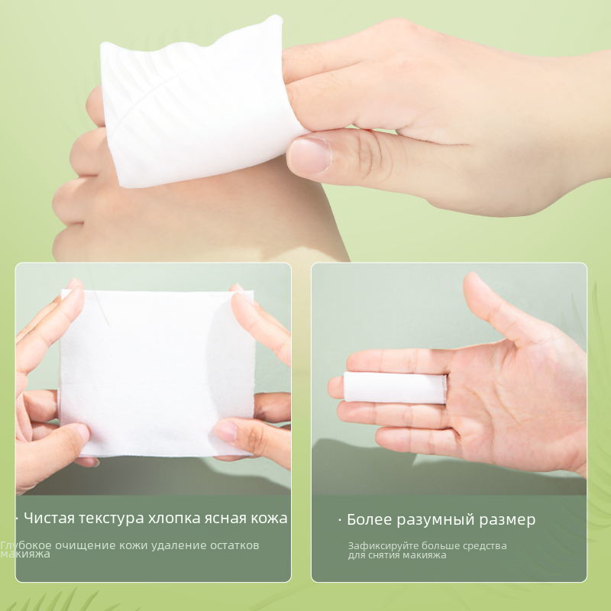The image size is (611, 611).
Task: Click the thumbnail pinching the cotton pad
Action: pyautogui.click(x=311, y=156)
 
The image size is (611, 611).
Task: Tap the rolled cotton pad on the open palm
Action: pyautogui.click(x=395, y=387)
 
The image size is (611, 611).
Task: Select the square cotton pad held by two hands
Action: pyautogui.click(x=157, y=373)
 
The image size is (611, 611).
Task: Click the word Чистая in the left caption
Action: pyautogui.click(x=49, y=519)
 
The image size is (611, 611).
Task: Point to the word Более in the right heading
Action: pyautogui.click(x=367, y=519)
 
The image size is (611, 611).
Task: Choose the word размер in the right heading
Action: pyautogui.click(x=507, y=521)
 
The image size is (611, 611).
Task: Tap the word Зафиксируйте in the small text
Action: pyautogui.click(x=383, y=546)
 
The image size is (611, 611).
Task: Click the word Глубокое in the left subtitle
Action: pyautogui.click(x=26, y=545)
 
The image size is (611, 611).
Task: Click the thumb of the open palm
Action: pyautogui.click(x=499, y=308)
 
